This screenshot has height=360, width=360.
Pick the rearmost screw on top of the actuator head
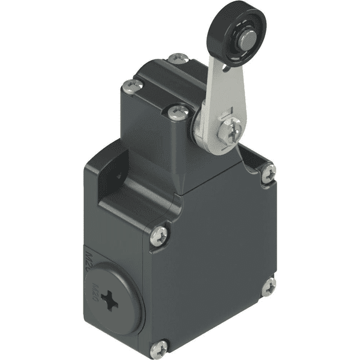click(x=178, y=58)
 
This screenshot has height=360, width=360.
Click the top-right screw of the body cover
click(x=269, y=172)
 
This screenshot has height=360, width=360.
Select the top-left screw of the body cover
click(x=159, y=236)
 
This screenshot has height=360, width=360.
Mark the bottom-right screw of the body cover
click(x=268, y=287)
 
